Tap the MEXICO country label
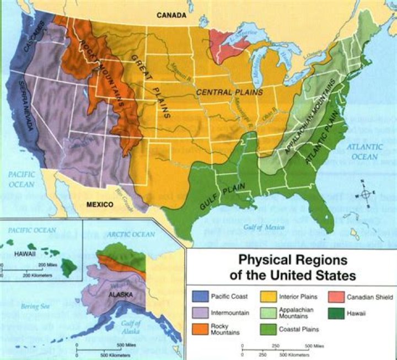99,205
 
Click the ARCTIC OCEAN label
132,234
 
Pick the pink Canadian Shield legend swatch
336,297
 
